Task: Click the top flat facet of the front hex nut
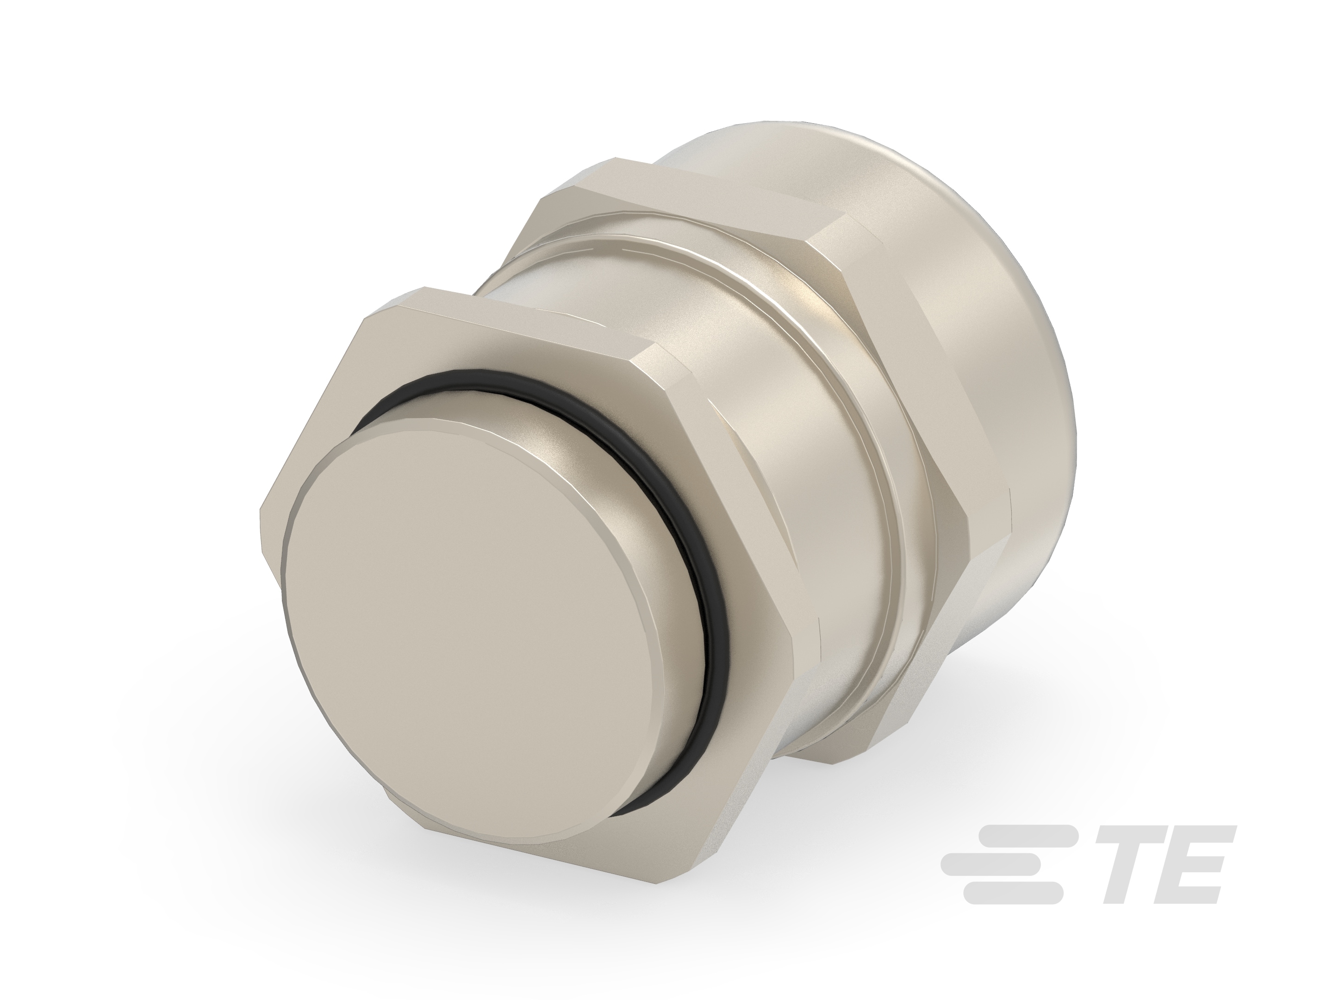click(518, 319)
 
